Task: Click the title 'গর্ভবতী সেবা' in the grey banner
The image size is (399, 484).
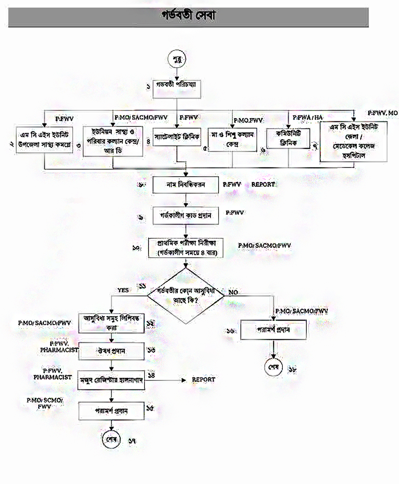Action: [188, 17]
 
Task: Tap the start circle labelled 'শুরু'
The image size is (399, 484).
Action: [176, 59]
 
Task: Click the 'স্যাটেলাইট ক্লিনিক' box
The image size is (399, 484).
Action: [176, 134]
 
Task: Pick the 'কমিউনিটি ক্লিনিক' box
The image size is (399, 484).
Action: [287, 138]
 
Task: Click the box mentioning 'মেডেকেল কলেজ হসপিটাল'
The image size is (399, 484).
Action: [354, 142]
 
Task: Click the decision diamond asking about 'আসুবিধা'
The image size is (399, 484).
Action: [185, 295]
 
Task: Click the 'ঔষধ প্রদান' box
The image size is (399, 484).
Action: [112, 350]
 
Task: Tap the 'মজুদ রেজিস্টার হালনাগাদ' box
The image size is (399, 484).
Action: [112, 380]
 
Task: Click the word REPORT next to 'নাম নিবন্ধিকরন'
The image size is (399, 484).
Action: [263, 184]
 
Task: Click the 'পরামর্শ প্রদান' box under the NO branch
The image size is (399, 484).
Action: [273, 331]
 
